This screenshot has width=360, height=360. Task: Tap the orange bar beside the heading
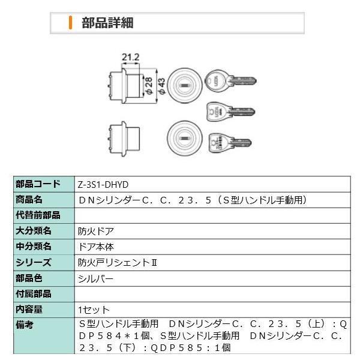pos(70,23)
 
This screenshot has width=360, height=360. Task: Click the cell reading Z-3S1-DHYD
pos(104,185)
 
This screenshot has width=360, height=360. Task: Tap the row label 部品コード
pos(38,185)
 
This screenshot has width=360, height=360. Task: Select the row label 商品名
pos(30,200)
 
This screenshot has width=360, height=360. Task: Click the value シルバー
pos(95,278)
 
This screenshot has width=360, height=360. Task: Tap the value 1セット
pos(94,310)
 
